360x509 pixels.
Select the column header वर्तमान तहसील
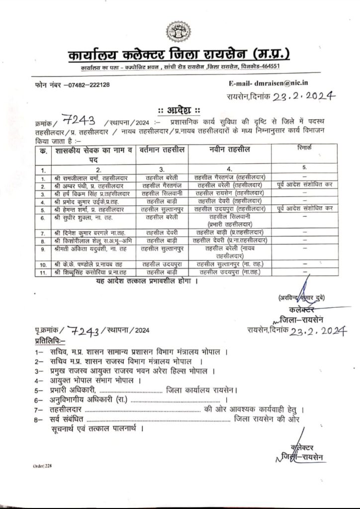160,149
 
